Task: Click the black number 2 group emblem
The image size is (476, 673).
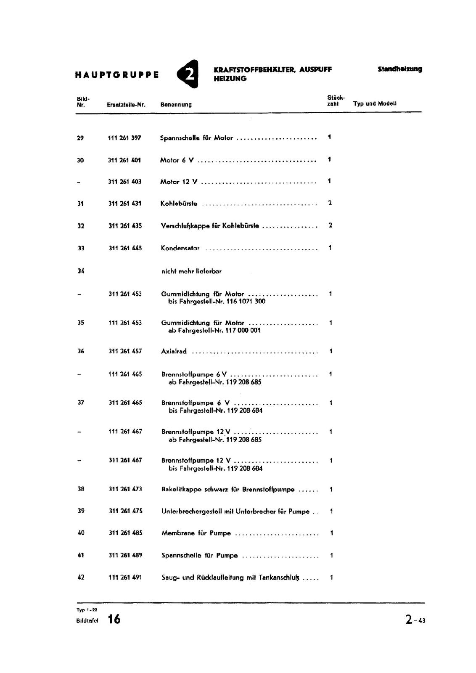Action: coord(188,74)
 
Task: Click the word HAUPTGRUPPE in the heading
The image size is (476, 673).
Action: coord(117,75)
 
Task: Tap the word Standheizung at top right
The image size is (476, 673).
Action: coord(399,69)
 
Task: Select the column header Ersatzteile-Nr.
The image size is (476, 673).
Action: coord(126,105)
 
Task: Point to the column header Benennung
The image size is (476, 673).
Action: coord(176,105)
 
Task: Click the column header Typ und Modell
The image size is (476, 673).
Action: coord(375,103)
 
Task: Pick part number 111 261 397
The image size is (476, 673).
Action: coord(124,138)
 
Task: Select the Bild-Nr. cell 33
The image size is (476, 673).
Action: coord(81,248)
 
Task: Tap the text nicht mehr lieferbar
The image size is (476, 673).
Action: coord(191,271)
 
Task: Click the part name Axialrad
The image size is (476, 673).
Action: coord(174,351)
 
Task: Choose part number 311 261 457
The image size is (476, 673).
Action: coord(125,351)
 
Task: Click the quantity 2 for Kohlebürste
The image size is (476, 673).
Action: coord(330,203)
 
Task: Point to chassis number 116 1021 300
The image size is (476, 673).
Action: coord(246,302)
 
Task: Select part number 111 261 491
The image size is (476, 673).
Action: coord(125,578)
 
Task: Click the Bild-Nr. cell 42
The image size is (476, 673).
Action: coord(81,578)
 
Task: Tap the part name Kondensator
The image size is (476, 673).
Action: coord(180,248)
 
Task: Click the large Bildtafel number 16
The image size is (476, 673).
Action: coord(114,619)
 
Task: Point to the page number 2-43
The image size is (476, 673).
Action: coord(415,620)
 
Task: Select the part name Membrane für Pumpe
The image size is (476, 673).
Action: coord(196,533)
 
